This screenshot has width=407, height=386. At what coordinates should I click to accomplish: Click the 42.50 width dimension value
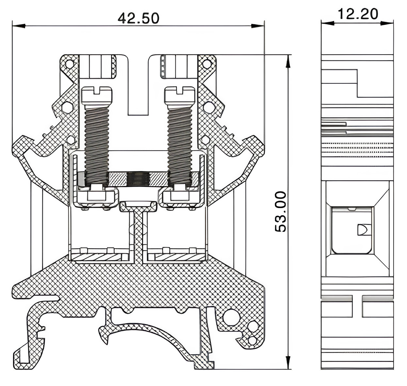pos(138,18)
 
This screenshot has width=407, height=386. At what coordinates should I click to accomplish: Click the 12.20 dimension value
pos(358,14)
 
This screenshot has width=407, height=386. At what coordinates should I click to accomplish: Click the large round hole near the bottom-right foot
pos(231,317)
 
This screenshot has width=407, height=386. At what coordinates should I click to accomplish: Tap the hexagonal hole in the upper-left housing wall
pos(67,107)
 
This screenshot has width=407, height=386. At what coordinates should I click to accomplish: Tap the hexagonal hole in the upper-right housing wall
pos(208,107)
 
